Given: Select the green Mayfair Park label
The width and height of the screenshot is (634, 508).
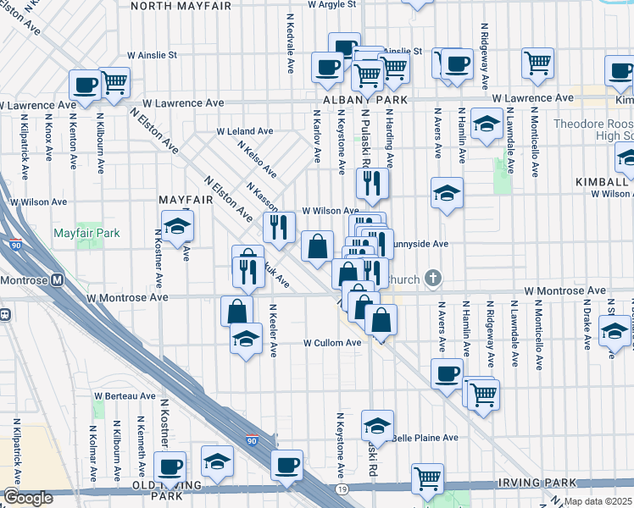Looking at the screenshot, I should pos(86,233).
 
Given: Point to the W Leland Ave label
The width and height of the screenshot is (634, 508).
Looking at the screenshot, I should pos(245,132).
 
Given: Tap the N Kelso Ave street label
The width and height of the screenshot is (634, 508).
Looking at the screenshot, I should pos(257,158).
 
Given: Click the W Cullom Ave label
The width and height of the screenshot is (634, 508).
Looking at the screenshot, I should pos(333,343).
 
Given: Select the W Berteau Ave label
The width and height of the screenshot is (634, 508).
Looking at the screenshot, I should pos(125,395).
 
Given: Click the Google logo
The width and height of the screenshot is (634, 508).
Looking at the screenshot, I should pos(28,499).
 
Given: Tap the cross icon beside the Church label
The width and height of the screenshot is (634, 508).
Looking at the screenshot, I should pos(433,278).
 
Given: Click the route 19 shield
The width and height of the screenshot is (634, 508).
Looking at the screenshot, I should pos(341,489).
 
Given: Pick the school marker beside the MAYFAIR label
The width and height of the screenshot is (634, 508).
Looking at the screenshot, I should pos(178,227).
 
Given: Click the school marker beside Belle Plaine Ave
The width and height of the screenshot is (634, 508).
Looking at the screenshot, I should pos(377,426).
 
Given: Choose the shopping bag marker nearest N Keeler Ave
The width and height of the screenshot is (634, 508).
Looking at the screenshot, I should pos(236,311).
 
